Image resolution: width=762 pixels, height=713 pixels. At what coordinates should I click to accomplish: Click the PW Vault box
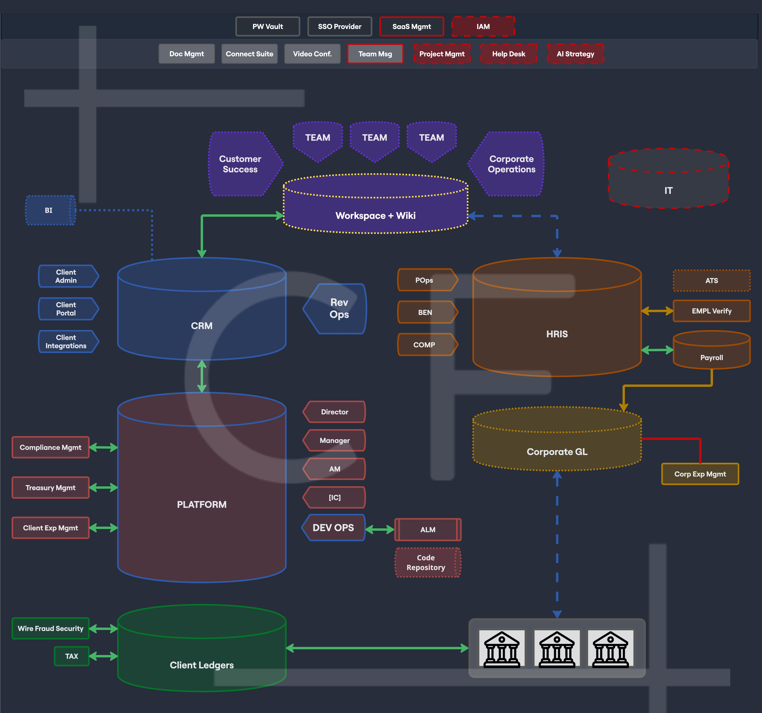pos(268,27)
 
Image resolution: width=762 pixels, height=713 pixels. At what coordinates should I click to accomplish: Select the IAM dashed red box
pos(483,27)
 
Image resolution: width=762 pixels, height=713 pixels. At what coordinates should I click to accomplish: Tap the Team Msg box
pos(375,54)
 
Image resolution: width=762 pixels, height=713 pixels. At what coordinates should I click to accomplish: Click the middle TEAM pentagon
pos(375,140)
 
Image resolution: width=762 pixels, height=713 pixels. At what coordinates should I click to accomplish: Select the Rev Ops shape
pos(337,308)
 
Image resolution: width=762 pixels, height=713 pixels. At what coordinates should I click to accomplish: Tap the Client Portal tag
pos(67,308)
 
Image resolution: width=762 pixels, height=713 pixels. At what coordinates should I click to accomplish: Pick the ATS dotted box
pos(711,281)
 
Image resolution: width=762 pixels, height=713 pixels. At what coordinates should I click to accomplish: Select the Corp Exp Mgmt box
pos(700,474)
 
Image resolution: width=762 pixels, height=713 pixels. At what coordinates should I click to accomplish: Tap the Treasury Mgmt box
pos(51,488)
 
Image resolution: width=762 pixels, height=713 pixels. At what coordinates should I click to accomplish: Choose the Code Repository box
pos(427,562)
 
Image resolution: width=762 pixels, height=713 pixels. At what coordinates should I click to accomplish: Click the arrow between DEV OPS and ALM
pos(379,530)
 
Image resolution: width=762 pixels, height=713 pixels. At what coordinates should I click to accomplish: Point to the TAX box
pos(72,656)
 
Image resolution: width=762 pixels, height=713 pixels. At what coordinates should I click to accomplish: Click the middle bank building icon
pos(557,649)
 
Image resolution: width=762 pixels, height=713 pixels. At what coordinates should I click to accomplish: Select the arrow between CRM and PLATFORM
pos(202,376)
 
